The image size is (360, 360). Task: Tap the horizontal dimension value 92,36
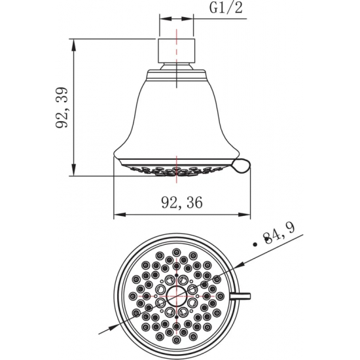pos(180,202)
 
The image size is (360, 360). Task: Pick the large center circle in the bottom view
pos(177,297)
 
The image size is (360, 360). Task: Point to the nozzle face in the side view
pos(177,169)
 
